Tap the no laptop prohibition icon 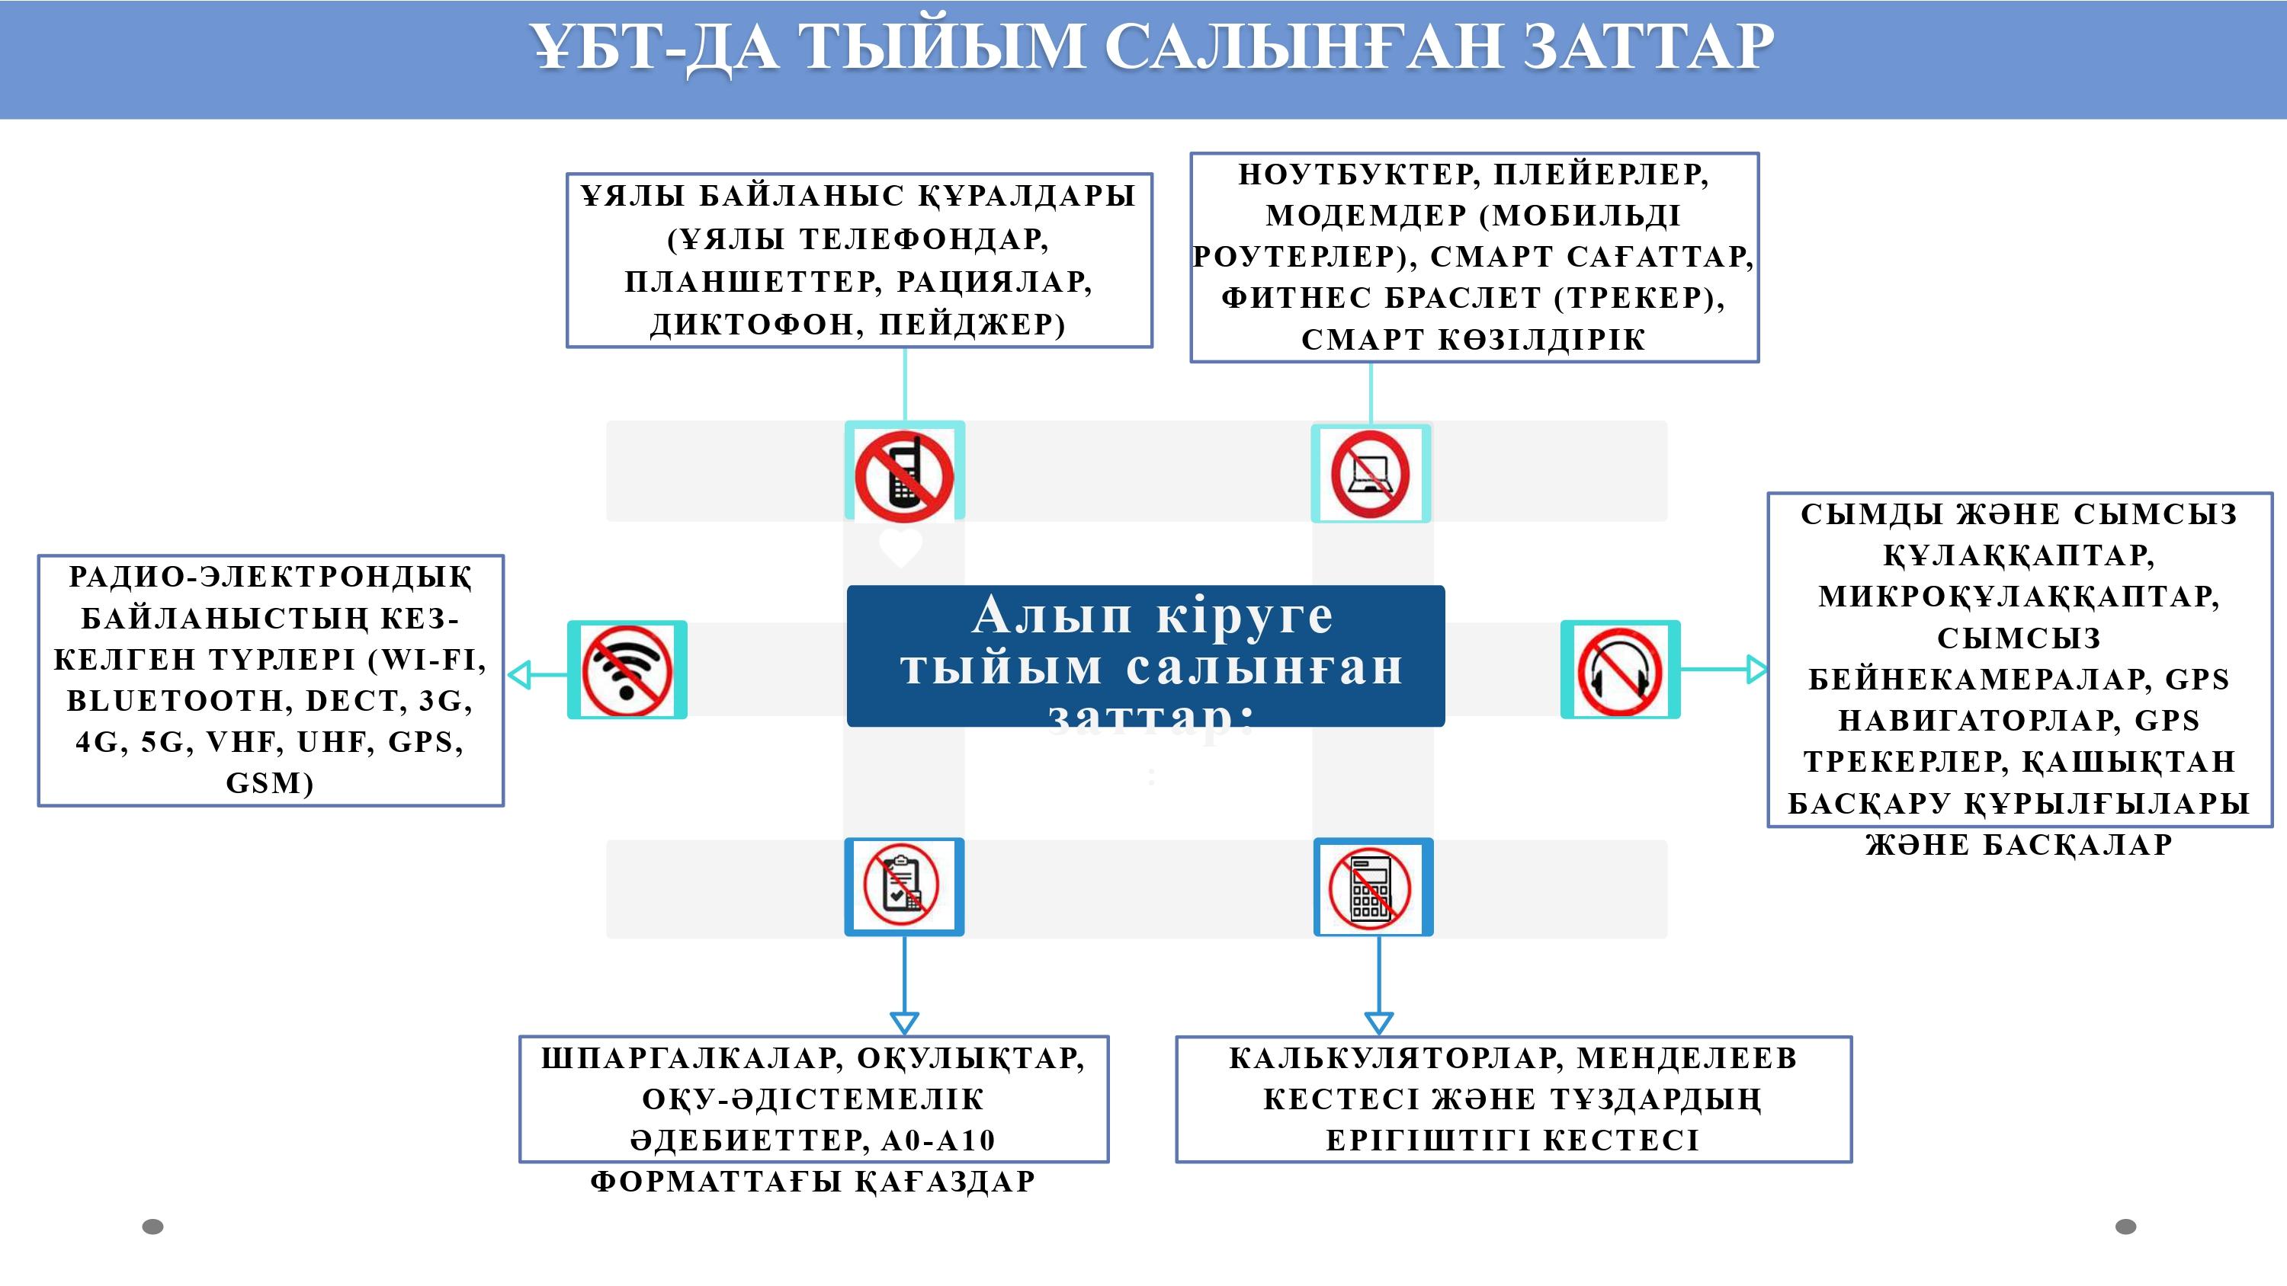pyautogui.click(x=1370, y=474)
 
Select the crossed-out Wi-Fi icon pyautogui.click(x=627, y=670)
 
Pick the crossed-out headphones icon pyautogui.click(x=1620, y=670)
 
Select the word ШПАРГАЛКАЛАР pyautogui.click(x=691, y=1058)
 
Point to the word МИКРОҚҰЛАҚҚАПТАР pyautogui.click(x=2019, y=597)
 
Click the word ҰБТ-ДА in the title pyautogui.click(x=654, y=47)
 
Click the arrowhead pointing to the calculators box pyautogui.click(x=1378, y=1023)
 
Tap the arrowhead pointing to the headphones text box pyautogui.click(x=1756, y=669)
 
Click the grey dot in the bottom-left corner pyautogui.click(x=152, y=1227)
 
